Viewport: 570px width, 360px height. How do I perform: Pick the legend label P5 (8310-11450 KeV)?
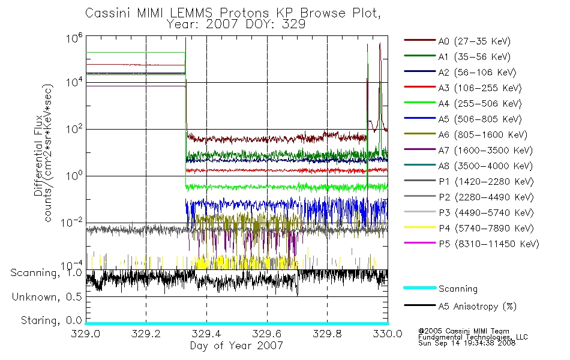489,244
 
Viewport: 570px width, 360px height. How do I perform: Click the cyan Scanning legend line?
420,287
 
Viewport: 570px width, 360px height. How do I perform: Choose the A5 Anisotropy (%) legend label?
478,306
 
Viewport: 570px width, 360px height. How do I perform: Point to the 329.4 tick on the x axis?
206,334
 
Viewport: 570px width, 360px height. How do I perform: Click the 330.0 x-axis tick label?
388,334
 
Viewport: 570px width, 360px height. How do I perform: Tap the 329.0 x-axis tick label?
85,334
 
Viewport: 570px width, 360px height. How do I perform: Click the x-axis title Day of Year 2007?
236,346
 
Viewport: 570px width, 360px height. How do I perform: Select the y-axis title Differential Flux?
38,155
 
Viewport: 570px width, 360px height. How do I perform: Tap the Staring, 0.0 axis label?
51,320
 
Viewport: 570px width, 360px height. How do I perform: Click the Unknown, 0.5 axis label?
47,297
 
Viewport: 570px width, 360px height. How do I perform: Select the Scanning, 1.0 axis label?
46,273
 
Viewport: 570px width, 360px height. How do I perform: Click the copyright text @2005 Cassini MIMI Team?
463,331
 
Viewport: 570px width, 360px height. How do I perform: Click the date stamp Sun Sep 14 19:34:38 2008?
467,343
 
